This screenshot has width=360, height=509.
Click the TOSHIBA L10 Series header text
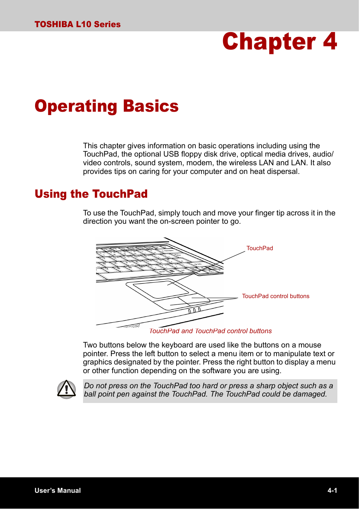pos(77,25)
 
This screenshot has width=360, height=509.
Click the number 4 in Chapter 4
pos(329,42)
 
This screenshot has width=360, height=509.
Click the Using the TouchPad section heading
pos(91,194)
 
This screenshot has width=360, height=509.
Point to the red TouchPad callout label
pos(260,248)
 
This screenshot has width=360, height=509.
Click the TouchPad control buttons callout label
pos(275,296)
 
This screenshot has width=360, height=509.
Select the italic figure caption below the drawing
pos(211,331)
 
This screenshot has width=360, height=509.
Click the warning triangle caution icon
pos(66,389)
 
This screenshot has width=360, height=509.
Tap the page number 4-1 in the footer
pos(332,491)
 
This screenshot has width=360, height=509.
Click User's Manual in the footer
pos(58,491)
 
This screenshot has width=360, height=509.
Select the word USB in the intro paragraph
pos(171,154)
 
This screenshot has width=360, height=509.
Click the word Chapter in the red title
pos(269,42)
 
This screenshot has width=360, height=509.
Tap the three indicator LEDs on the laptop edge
pos(194,311)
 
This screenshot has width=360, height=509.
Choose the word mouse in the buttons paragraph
pos(310,345)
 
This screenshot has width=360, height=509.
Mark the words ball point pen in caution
pos(107,394)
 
